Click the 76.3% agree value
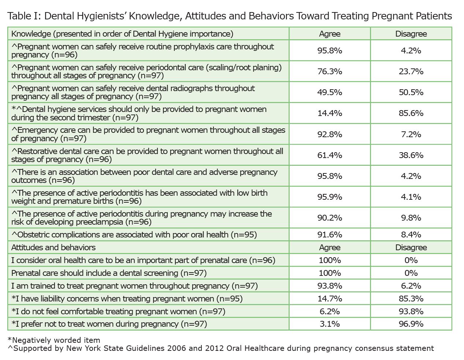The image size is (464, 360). pyautogui.click(x=330, y=71)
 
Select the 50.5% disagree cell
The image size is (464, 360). pyautogui.click(x=411, y=92)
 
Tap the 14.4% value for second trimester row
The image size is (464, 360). pyautogui.click(x=330, y=113)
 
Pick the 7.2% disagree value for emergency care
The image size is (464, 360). pyautogui.click(x=411, y=134)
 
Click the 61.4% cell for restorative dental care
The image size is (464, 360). pyautogui.click(x=330, y=155)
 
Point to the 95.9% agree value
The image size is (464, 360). pyautogui.click(x=330, y=197)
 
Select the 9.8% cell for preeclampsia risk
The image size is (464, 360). pyautogui.click(x=411, y=218)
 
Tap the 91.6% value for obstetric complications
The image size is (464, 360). pyautogui.click(x=330, y=235)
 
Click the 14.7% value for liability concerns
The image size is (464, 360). pyautogui.click(x=330, y=299)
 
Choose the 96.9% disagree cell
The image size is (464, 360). pyautogui.click(x=411, y=324)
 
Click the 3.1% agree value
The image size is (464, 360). pyautogui.click(x=330, y=324)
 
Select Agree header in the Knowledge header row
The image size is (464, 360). pyautogui.click(x=330, y=34)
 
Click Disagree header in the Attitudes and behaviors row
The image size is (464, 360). pyautogui.click(x=411, y=247)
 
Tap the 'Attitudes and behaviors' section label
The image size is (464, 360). pyautogui.click(x=53, y=247)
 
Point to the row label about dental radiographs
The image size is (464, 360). pyautogui.click(x=133, y=92)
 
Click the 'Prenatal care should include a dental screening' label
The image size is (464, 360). pyautogui.click(x=109, y=273)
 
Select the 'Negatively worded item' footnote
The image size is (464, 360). pyautogui.click(x=54, y=340)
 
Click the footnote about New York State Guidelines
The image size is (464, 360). pyautogui.click(x=220, y=348)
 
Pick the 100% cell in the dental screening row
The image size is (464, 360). pyautogui.click(x=330, y=273)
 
